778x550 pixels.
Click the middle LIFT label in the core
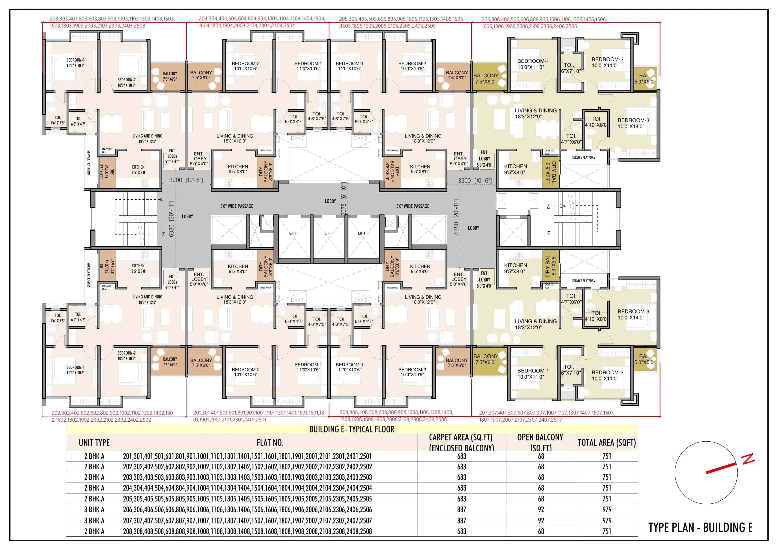[328, 233]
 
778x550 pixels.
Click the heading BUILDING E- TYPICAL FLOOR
[352, 429]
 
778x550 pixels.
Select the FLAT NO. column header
[270, 443]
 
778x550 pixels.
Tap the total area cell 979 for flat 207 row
[607, 521]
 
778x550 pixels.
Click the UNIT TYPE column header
[94, 443]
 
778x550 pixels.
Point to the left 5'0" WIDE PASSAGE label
[237, 206]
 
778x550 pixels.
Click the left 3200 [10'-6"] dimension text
[186, 180]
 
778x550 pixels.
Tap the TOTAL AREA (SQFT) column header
[607, 443]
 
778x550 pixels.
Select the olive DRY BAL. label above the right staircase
[551, 173]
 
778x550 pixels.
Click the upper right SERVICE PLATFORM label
[584, 158]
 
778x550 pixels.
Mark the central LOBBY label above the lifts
[330, 201]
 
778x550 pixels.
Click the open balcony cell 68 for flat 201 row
[541, 456]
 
